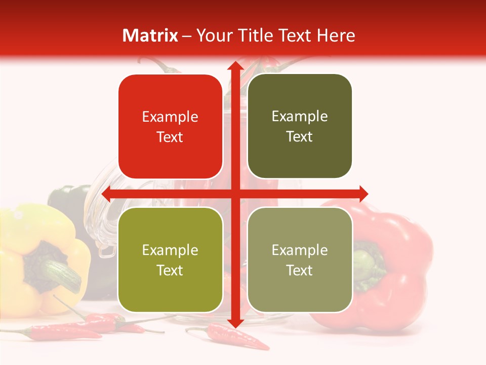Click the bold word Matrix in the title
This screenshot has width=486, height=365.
(x=150, y=35)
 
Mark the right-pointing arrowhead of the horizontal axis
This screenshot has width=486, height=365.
(x=362, y=194)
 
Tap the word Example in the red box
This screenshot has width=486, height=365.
(x=170, y=117)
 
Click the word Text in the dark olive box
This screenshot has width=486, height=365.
(x=300, y=137)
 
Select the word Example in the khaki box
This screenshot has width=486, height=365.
(x=300, y=250)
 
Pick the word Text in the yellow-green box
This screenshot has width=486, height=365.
(x=170, y=271)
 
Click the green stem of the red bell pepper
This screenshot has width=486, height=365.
(x=367, y=259)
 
